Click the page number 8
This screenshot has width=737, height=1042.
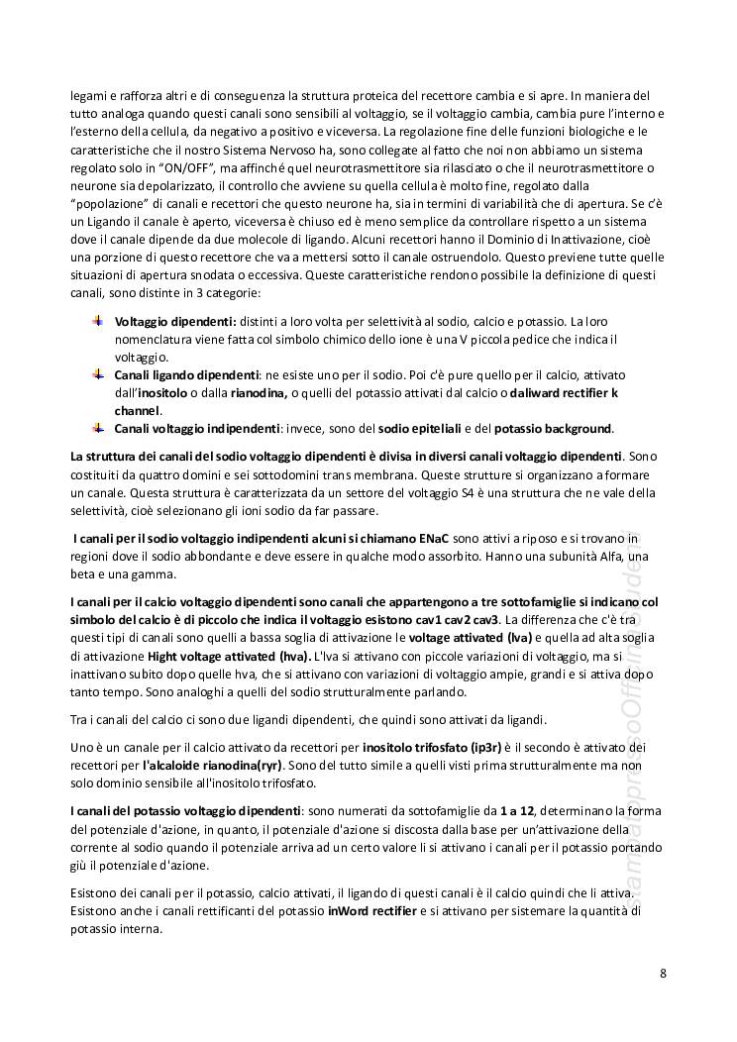(x=663, y=973)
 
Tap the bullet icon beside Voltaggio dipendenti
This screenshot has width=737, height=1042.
(x=97, y=321)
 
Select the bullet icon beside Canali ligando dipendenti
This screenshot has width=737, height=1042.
(x=97, y=374)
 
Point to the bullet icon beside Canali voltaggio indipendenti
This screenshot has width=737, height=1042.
(x=97, y=428)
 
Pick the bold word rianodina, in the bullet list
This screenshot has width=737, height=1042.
(x=260, y=393)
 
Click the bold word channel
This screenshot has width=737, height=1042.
(x=137, y=410)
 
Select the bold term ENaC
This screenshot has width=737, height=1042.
(x=434, y=537)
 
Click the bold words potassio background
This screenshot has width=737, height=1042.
(x=553, y=429)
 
